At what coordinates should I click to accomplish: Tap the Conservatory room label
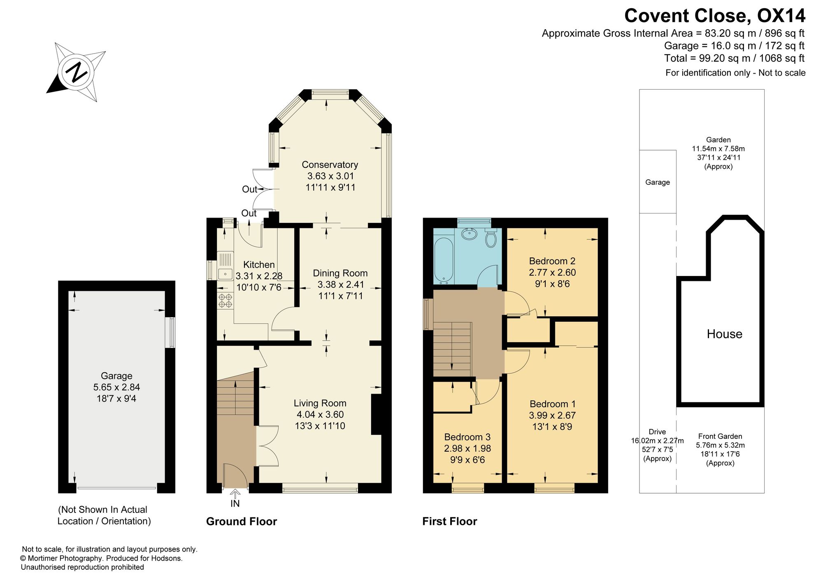330,165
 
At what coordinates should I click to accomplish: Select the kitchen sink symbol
225,266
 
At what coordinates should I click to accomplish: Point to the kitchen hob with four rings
225,301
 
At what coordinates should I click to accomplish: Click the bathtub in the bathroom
444,261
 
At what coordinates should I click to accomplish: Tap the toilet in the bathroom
491,238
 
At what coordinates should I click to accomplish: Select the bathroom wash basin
469,234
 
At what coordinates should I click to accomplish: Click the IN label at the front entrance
235,503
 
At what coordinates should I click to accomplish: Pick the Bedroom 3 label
467,437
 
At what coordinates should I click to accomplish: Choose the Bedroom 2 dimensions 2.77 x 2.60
552,272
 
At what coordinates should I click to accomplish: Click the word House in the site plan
725,334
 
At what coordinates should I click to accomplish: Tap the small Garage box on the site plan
658,181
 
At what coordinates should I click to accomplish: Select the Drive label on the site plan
657,432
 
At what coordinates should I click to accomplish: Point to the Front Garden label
720,436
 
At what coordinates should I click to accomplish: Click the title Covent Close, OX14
715,16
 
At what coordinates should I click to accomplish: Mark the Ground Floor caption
242,522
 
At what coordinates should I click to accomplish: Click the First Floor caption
450,522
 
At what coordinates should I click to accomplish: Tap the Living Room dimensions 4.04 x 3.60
320,415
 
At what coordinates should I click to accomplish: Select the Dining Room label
340,273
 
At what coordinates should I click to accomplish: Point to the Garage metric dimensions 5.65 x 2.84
117,387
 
